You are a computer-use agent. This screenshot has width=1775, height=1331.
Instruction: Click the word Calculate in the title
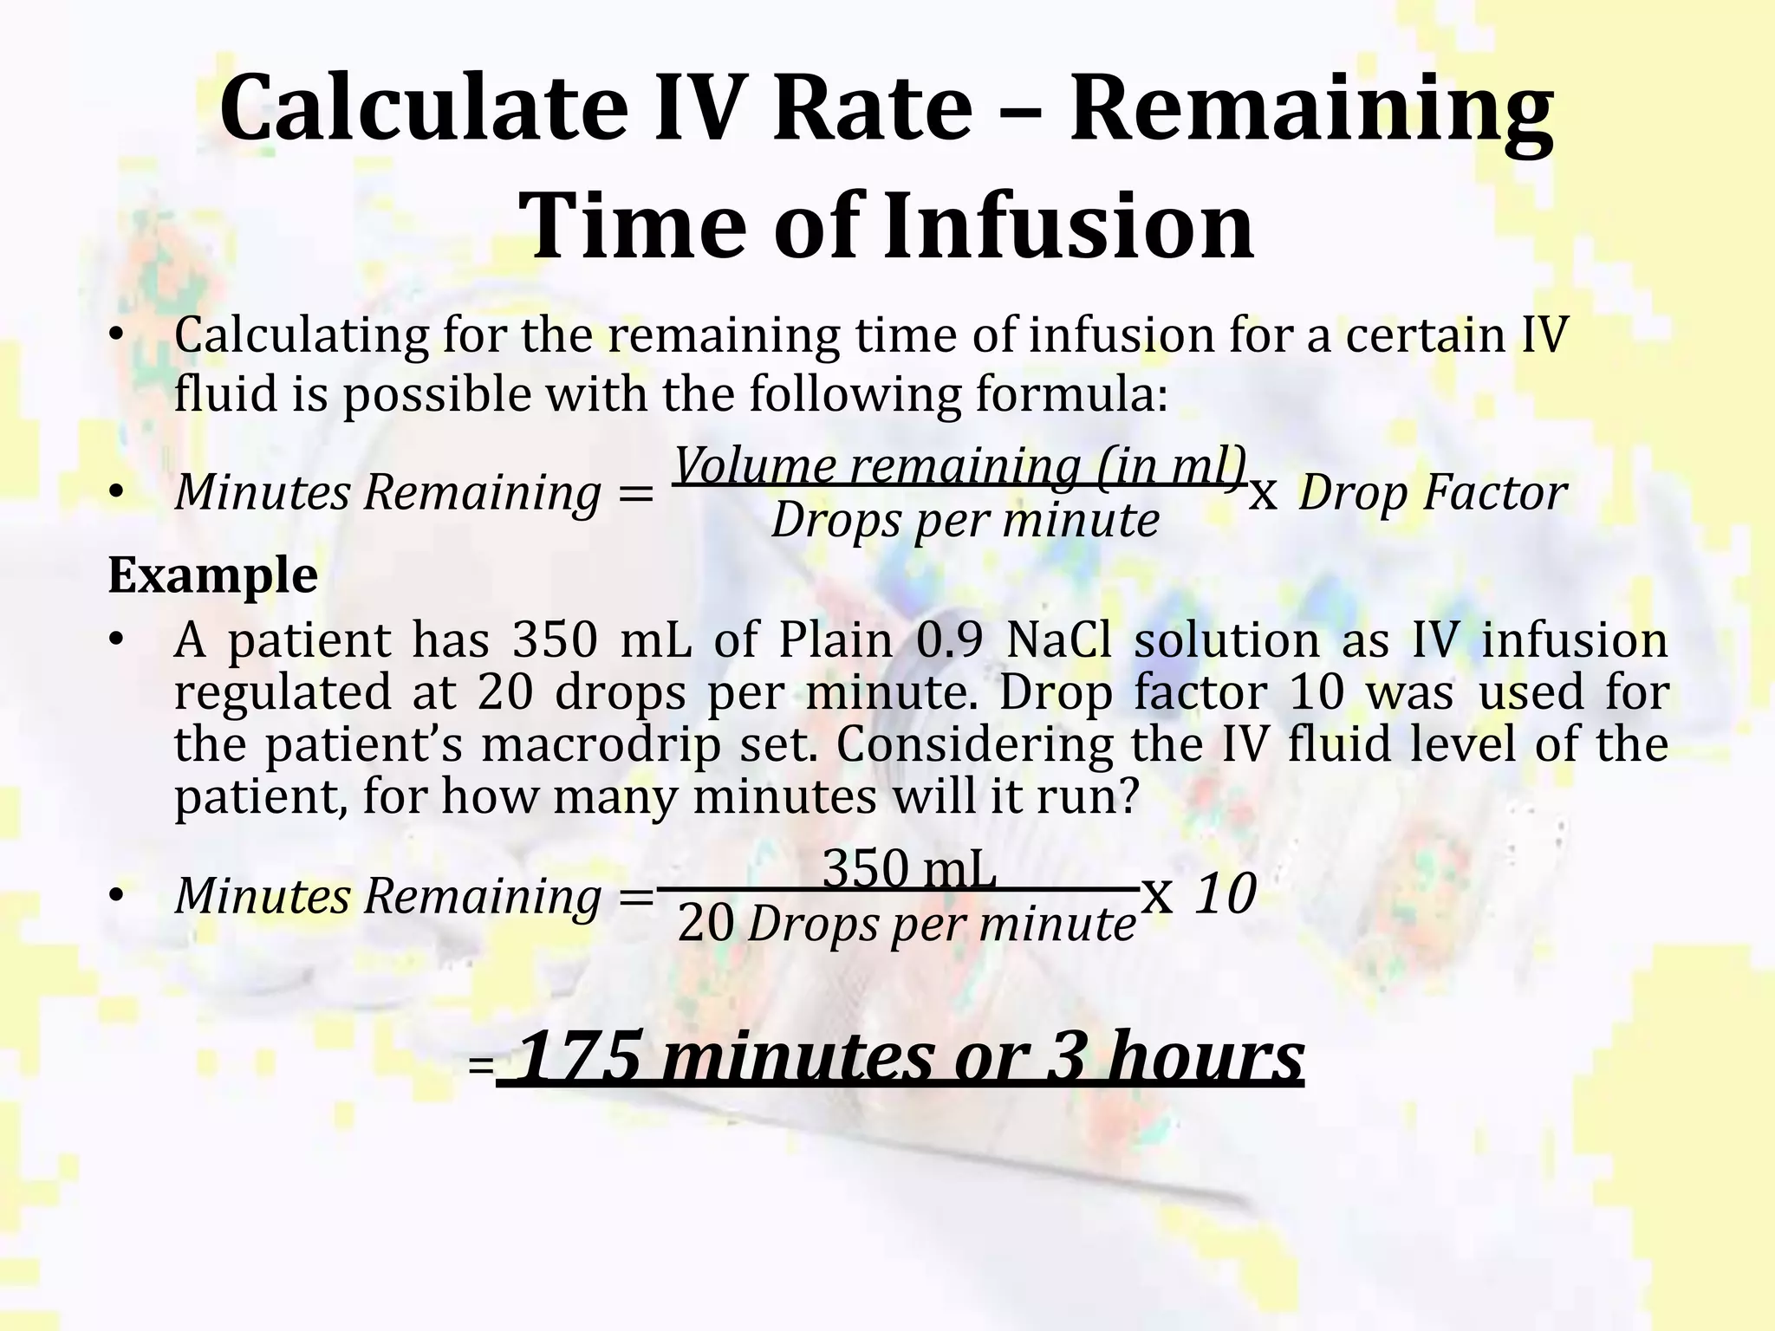coord(422,109)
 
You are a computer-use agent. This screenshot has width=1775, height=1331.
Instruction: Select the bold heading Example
coord(213,575)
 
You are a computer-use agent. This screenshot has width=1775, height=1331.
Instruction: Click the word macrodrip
coord(601,745)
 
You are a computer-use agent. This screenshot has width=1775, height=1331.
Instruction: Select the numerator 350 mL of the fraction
coord(909,869)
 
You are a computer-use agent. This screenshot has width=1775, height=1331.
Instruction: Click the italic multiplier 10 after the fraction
coord(1226,894)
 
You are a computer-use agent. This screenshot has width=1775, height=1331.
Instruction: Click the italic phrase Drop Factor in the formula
coord(1432,493)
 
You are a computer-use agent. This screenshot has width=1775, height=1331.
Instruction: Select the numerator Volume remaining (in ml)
coord(960,465)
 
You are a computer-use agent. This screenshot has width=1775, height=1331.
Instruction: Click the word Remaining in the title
coord(1310,109)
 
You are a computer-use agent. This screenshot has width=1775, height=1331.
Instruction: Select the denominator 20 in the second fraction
coord(705,925)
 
